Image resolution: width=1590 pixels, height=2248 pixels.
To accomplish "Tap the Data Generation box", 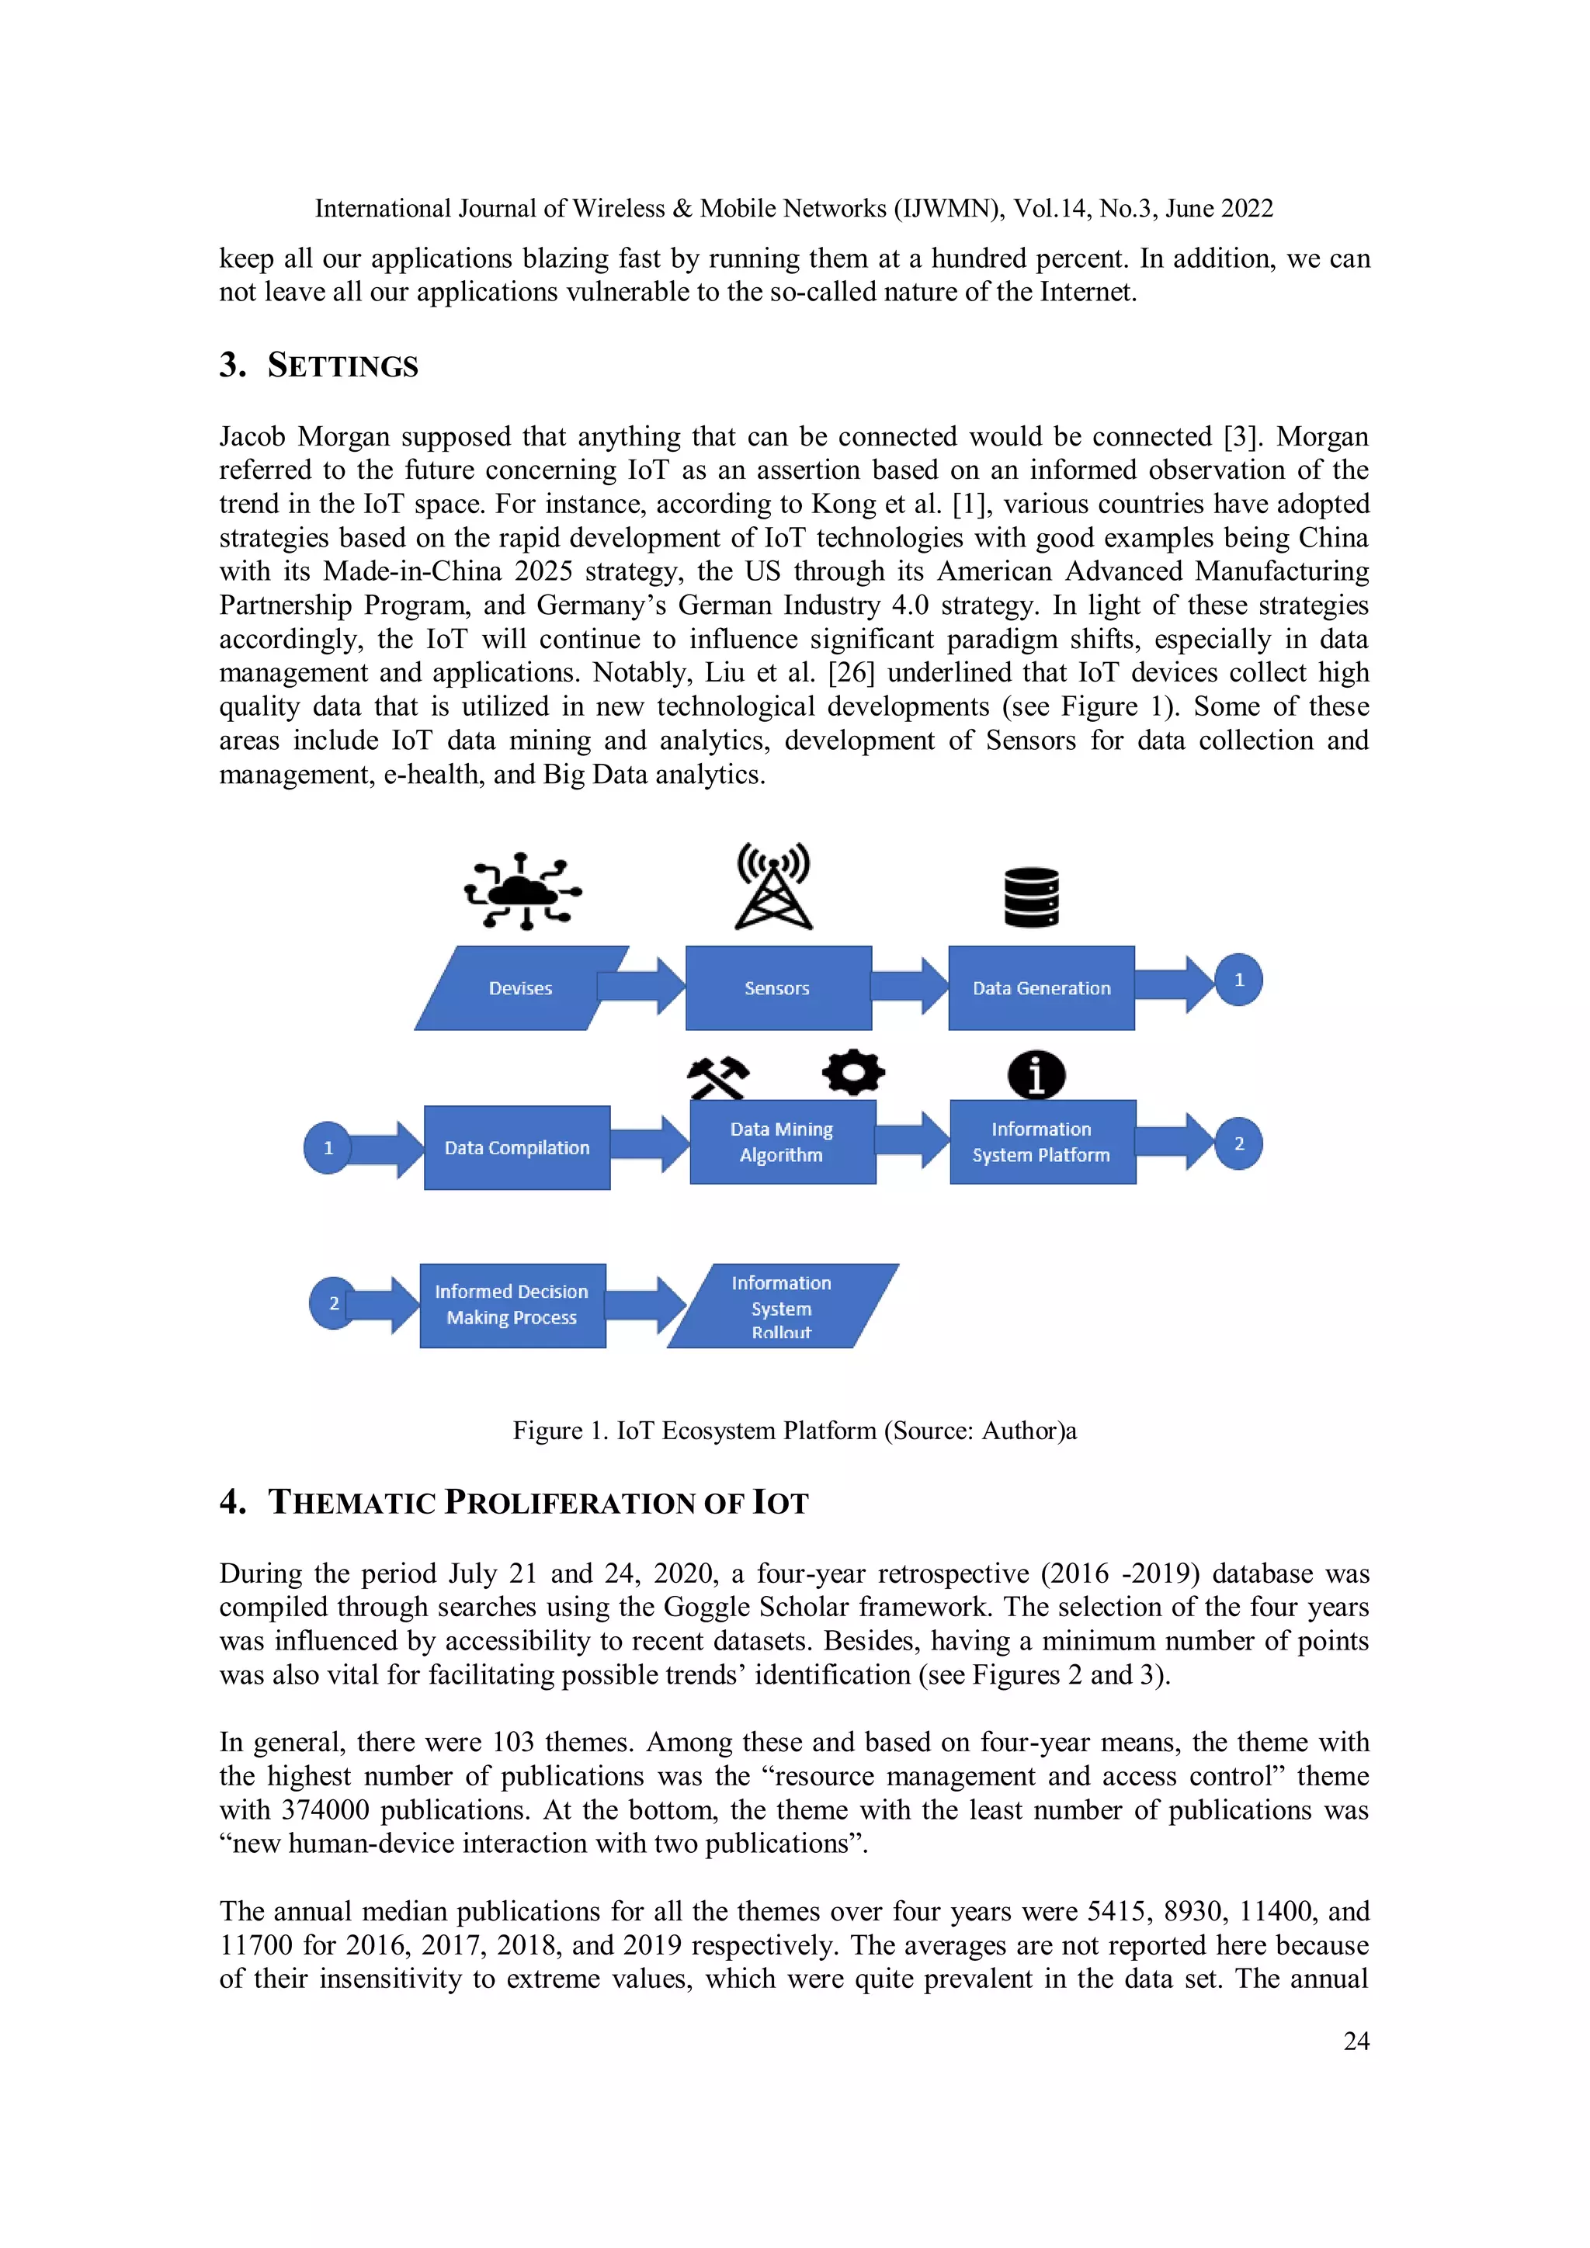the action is [x=1041, y=988].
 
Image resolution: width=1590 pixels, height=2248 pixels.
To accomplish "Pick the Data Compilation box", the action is [x=517, y=1147].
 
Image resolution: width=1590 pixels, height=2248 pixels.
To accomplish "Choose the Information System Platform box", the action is [x=1042, y=1142].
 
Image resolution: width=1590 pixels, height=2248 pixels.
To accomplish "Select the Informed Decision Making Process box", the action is [x=512, y=1305].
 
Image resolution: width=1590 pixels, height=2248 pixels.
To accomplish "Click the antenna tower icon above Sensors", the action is [x=773, y=886].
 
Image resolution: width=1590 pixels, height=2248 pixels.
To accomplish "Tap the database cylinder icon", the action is [x=1031, y=897].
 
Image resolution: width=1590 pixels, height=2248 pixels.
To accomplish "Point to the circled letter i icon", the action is [x=1036, y=1075].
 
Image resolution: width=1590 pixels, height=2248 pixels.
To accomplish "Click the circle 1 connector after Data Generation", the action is [x=1238, y=980].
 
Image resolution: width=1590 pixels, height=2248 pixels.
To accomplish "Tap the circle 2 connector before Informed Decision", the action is [x=333, y=1303].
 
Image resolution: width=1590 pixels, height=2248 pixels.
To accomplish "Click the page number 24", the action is [x=1356, y=2041].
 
